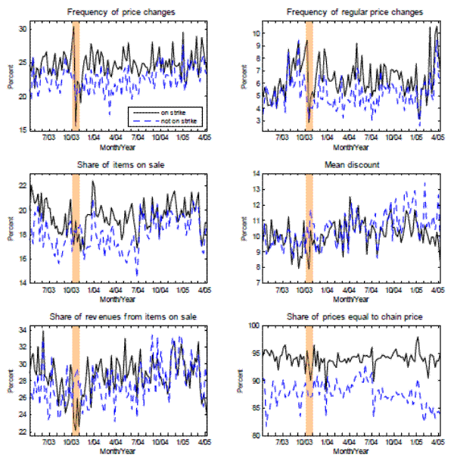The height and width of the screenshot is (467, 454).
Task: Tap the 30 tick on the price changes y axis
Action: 23,29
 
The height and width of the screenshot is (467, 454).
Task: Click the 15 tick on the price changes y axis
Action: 23,130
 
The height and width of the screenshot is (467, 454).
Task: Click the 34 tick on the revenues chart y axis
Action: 23,330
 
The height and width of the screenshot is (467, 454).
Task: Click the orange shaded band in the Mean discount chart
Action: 309,228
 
